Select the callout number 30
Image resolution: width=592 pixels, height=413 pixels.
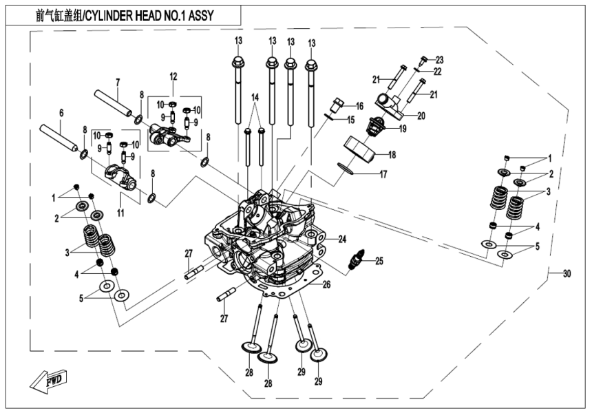pyautogui.click(x=567, y=273)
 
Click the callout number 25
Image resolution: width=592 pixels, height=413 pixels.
pyautogui.click(x=379, y=261)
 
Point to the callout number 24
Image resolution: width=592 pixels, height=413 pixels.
pyautogui.click(x=342, y=239)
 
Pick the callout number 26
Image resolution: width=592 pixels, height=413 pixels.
pyautogui.click(x=327, y=283)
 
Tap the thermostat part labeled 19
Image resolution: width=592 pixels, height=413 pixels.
pyautogui.click(x=377, y=123)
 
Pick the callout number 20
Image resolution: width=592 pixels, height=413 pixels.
pyautogui.click(x=421, y=115)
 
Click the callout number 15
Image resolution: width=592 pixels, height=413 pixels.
pyautogui.click(x=350, y=120)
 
